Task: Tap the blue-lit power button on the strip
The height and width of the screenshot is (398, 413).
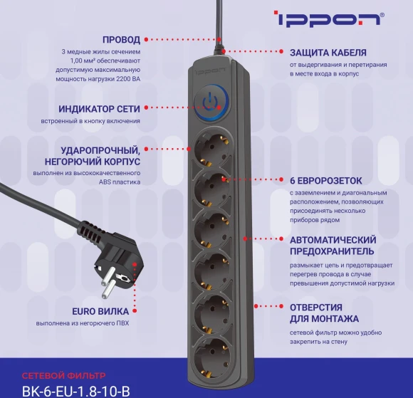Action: [208, 100]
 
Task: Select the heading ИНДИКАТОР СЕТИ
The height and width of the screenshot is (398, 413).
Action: [100, 109]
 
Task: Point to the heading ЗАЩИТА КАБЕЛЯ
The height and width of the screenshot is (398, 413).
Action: [328, 53]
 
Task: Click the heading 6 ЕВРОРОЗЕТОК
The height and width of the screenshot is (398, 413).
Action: [326, 180]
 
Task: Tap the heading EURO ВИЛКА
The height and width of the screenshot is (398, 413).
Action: [100, 311]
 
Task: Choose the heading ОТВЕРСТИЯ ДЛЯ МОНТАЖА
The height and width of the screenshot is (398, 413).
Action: [324, 313]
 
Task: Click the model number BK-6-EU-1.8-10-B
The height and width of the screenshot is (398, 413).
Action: [76, 390]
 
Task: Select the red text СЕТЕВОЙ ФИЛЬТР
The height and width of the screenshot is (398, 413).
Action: [63, 375]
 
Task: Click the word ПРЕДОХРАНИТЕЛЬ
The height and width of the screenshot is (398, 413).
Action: [332, 251]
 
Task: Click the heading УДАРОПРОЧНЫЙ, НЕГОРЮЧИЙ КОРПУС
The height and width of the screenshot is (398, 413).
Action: [100, 156]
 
